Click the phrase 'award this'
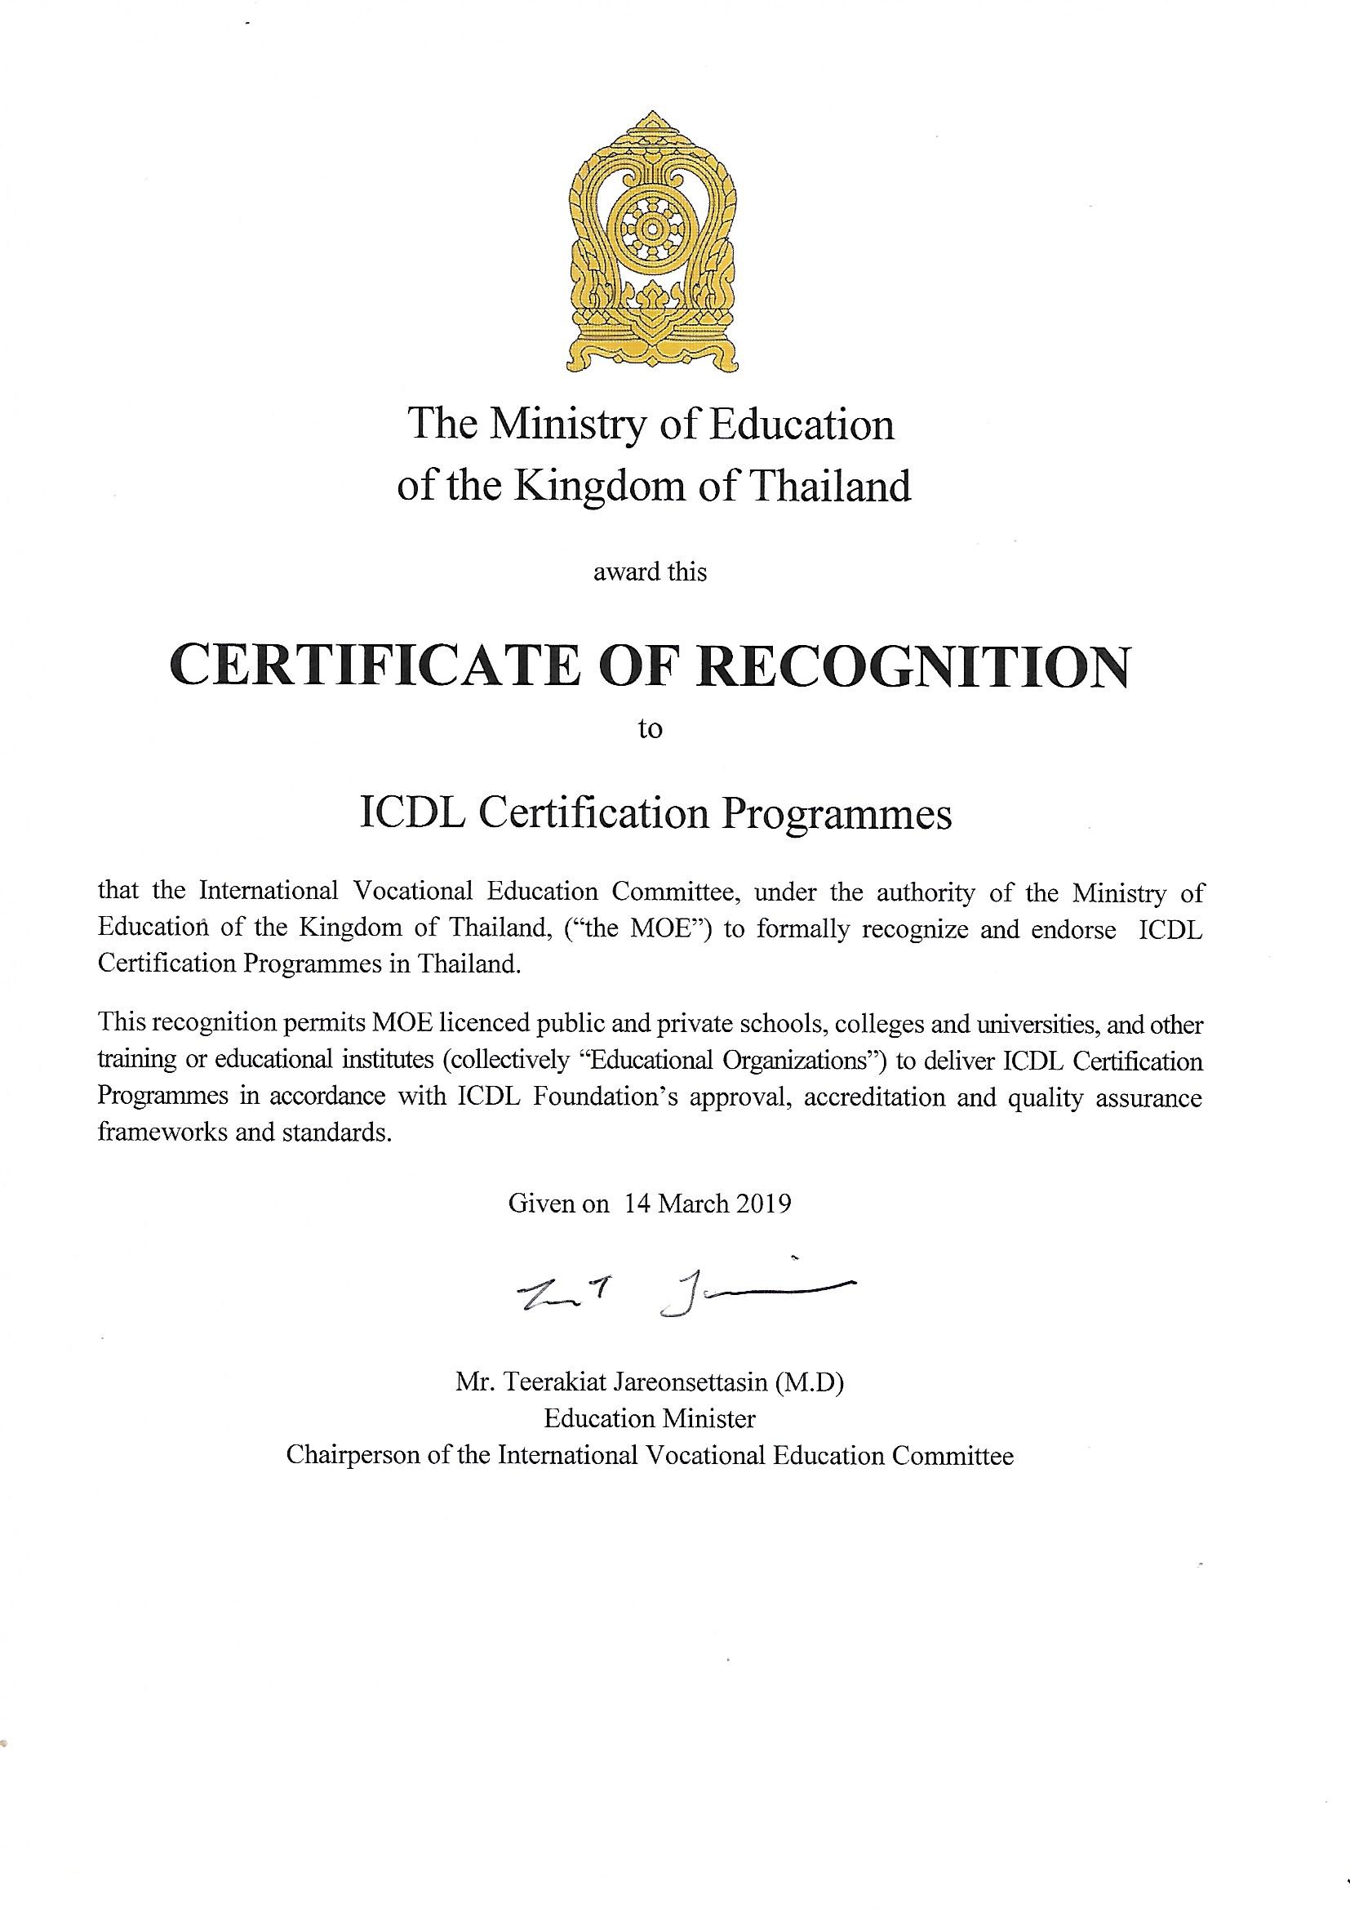(649, 572)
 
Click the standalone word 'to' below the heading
(649, 729)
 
